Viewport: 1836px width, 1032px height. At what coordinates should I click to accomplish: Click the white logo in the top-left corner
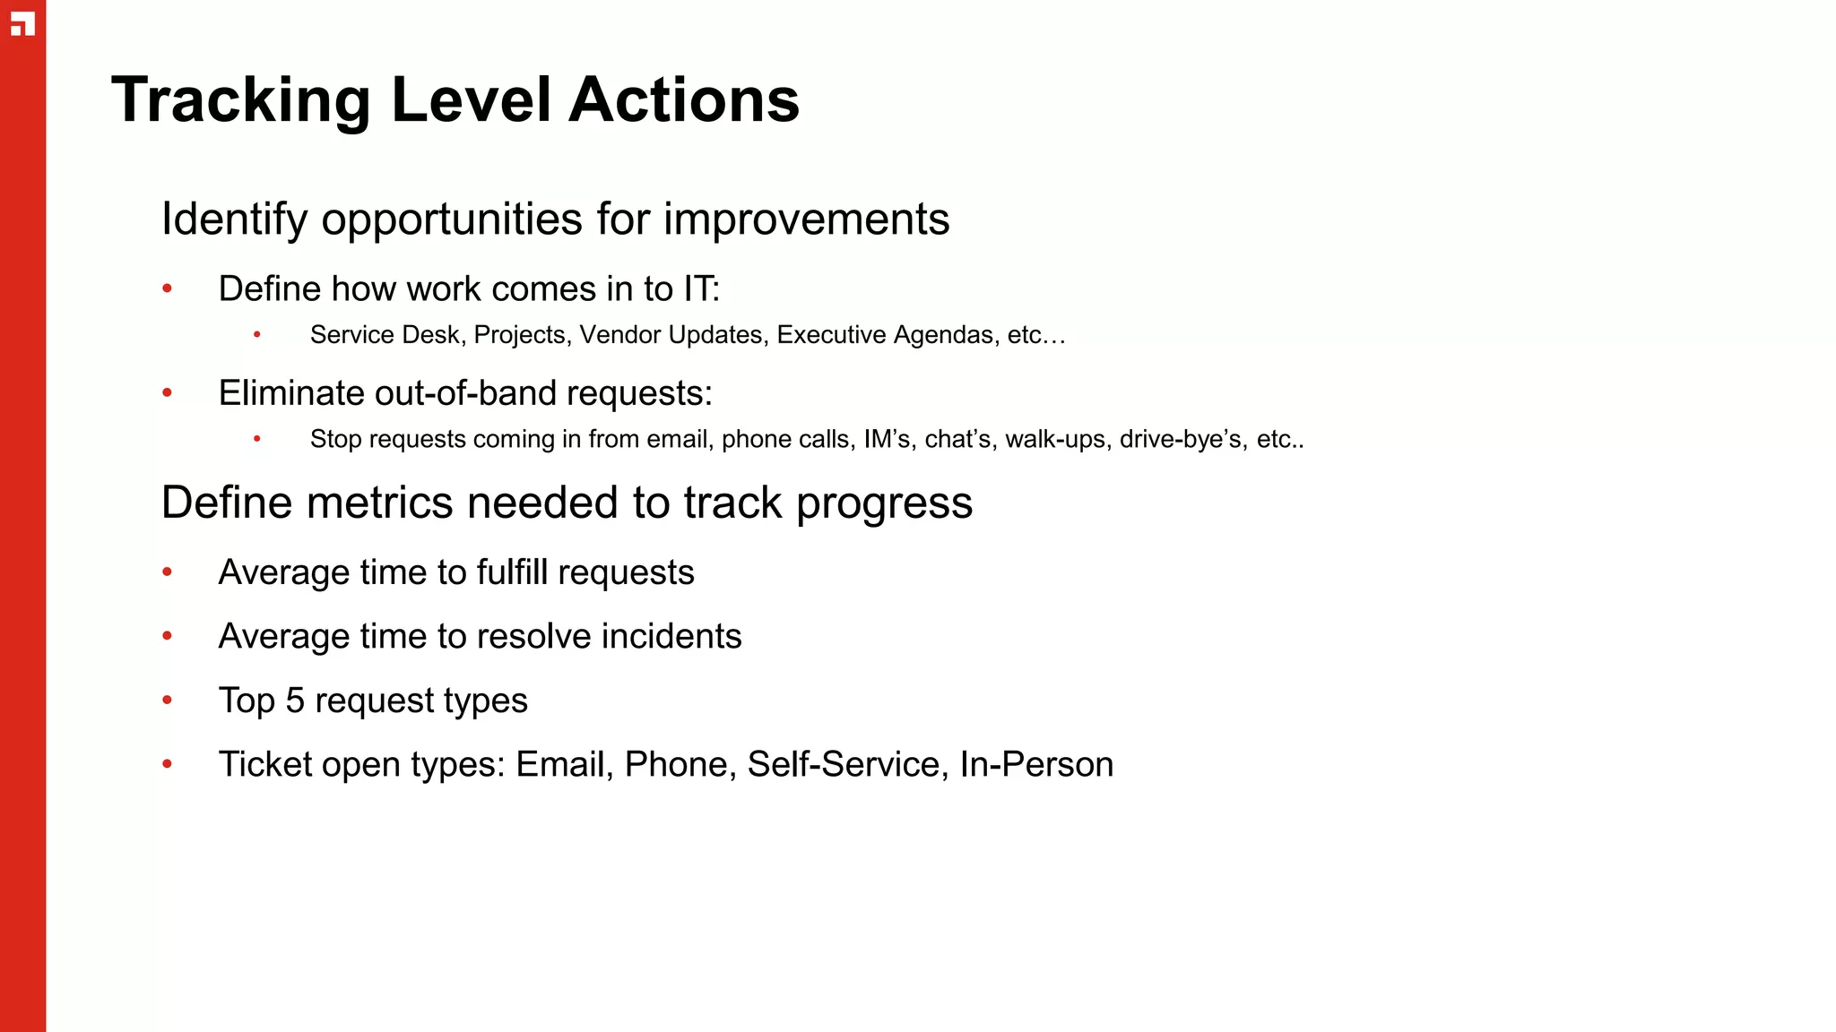22,24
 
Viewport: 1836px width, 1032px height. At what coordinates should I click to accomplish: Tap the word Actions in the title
684,100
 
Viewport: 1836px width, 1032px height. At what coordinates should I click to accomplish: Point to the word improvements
806,219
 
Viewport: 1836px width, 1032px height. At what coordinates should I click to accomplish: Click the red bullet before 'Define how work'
167,288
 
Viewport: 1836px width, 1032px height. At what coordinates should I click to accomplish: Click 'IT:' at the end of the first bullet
701,289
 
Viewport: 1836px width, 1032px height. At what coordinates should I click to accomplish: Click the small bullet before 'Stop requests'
257,439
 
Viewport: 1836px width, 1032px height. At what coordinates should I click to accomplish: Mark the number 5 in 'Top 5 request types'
295,701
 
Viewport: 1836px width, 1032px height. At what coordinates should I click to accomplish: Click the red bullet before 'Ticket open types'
167,764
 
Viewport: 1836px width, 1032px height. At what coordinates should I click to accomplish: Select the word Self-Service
843,765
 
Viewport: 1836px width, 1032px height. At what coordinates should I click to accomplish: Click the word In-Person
1036,765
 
